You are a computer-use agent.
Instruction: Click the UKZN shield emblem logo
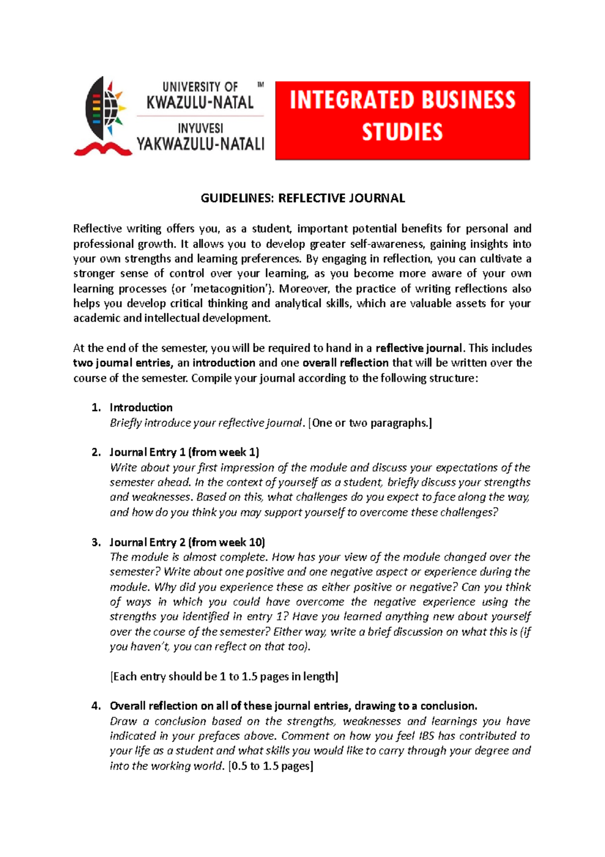(x=104, y=109)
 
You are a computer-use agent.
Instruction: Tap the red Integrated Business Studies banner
(x=402, y=120)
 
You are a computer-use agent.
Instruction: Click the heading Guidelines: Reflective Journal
(x=302, y=198)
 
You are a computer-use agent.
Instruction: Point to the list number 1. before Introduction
(x=96, y=408)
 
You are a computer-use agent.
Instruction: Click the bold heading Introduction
(x=141, y=408)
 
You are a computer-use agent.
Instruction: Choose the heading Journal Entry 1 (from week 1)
(x=185, y=452)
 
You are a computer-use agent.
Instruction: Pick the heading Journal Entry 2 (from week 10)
(x=187, y=543)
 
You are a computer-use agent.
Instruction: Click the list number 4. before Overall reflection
(x=96, y=706)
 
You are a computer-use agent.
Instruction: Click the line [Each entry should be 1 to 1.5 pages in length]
(x=224, y=677)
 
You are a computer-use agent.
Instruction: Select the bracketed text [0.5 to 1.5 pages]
(x=271, y=766)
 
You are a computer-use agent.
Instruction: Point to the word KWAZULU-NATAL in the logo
(x=200, y=103)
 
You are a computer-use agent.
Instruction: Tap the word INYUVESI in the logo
(x=200, y=129)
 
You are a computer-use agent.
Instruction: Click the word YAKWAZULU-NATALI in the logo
(x=200, y=145)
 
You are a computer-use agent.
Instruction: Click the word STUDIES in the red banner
(x=402, y=133)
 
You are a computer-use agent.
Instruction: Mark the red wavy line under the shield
(x=103, y=149)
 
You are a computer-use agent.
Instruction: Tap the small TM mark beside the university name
(x=261, y=85)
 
